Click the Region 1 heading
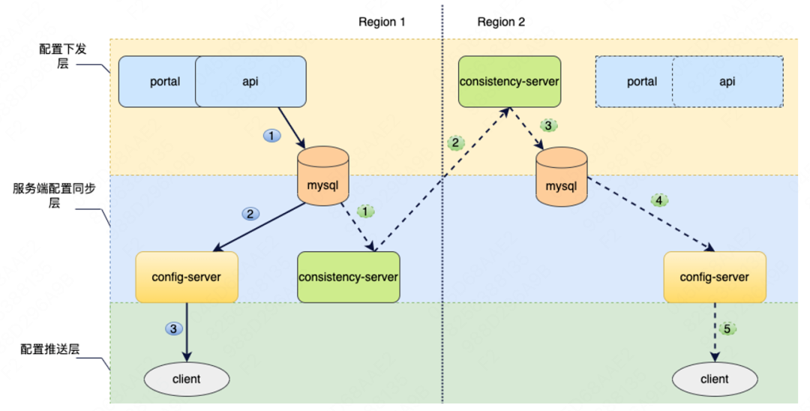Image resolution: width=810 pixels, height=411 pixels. click(x=382, y=22)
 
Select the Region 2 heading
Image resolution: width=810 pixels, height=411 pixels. click(x=501, y=22)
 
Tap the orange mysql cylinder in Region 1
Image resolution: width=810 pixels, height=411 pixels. click(x=322, y=175)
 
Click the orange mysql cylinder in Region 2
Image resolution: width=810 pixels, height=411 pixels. click(x=561, y=177)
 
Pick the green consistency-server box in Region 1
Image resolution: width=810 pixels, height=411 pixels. click(x=349, y=277)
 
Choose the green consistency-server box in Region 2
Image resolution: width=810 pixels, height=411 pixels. click(x=509, y=82)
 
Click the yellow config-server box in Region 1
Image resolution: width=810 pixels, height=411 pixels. click(x=187, y=277)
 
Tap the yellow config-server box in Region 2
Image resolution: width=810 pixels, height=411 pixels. click(x=715, y=277)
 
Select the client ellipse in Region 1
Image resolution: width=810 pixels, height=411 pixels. click(x=187, y=379)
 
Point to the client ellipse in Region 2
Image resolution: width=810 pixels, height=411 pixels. click(x=715, y=379)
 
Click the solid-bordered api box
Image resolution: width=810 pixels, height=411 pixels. click(x=250, y=82)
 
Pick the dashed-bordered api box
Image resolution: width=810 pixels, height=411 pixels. click(x=727, y=82)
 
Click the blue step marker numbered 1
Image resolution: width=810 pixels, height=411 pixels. click(x=271, y=136)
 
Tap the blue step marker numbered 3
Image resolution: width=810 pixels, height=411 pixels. click(x=173, y=328)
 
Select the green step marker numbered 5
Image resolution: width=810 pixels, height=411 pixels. click(x=727, y=329)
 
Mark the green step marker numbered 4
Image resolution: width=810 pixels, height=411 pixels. click(x=658, y=200)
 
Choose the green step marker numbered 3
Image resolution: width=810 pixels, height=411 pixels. click(x=548, y=125)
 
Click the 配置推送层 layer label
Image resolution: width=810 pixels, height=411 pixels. click(x=50, y=349)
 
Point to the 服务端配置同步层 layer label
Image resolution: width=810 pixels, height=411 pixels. click(x=54, y=196)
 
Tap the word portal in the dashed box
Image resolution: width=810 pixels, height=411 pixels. click(x=642, y=82)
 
